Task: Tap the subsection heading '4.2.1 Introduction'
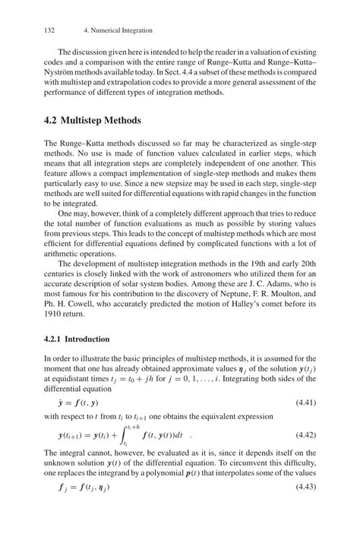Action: pyautogui.click(x=77, y=339)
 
